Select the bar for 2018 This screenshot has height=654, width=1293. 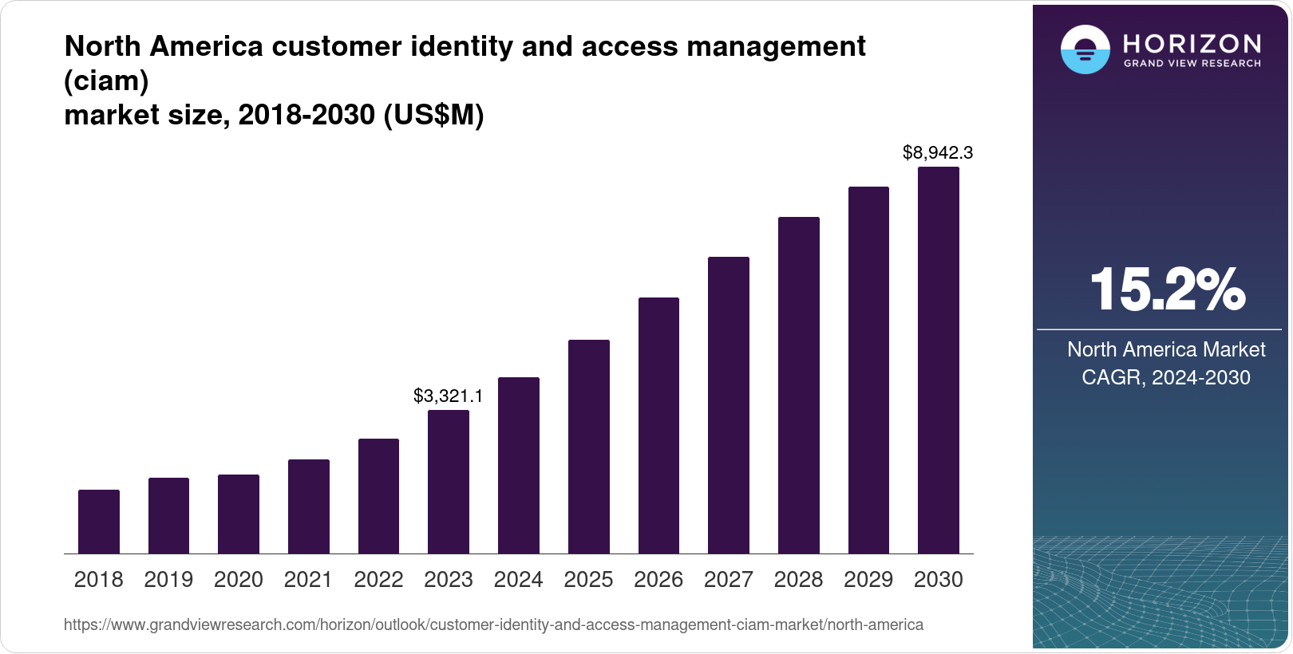tap(99, 522)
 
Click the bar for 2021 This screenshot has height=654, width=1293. tap(309, 506)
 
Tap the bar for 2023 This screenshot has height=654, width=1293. tap(449, 482)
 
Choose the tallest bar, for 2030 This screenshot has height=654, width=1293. tap(939, 360)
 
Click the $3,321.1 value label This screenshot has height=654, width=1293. tap(448, 396)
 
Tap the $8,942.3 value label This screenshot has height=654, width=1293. tap(938, 152)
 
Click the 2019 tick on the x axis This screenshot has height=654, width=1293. tap(168, 580)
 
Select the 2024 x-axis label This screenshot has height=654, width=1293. tap(518, 580)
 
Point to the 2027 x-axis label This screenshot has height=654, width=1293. tap(729, 580)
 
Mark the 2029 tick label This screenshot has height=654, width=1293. tap(868, 580)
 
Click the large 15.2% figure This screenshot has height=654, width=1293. tap(1167, 290)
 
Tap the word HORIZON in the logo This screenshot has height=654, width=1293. tap(1192, 44)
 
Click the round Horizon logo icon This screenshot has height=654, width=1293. tap(1085, 49)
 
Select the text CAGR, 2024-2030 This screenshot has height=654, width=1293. tap(1165, 377)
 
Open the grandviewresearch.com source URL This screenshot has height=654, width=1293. tap(493, 624)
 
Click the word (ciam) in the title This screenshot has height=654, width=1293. tap(106, 81)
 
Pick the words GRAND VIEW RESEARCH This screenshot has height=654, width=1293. tap(1192, 63)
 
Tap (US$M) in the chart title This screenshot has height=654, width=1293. tap(433, 116)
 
